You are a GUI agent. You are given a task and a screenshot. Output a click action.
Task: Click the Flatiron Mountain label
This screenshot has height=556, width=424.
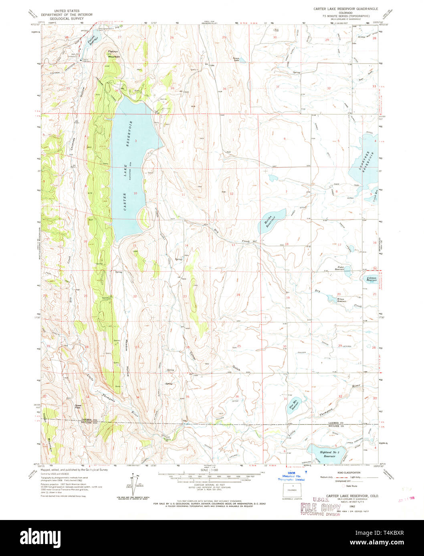(114, 54)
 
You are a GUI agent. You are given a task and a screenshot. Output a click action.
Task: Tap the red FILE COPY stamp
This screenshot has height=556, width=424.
(320, 508)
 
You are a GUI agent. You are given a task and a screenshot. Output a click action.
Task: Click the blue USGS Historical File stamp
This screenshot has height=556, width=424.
(291, 477)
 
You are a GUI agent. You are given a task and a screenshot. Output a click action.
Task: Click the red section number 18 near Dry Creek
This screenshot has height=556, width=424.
(287, 244)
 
